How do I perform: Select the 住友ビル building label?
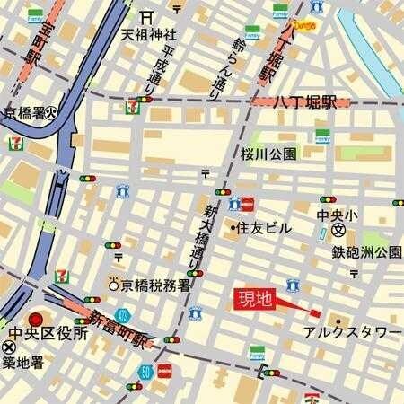click(x=263, y=229)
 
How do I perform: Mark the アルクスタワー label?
click(x=352, y=332)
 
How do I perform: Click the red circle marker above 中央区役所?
click(x=37, y=319)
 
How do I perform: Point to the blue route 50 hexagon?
click(x=145, y=370)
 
